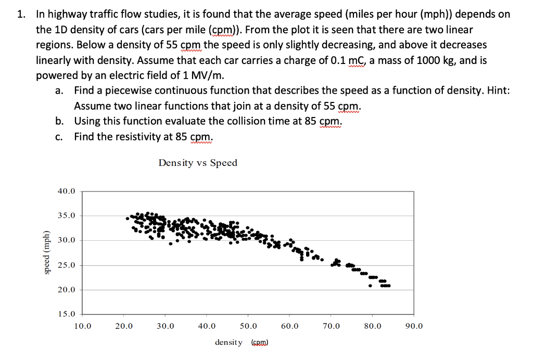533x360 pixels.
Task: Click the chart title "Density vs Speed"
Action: [198, 163]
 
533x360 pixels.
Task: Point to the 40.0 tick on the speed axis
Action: [66, 191]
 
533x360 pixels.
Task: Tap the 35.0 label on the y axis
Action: [66, 215]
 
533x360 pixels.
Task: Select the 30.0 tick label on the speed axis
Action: [66, 240]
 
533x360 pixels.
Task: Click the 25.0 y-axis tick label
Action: [66, 265]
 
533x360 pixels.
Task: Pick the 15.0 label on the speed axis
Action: [66, 314]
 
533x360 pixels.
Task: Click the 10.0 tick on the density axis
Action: [82, 327]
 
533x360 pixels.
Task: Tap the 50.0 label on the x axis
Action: [248, 327]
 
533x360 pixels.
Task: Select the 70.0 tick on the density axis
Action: [331, 327]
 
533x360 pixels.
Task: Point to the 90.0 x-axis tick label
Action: [414, 327]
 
